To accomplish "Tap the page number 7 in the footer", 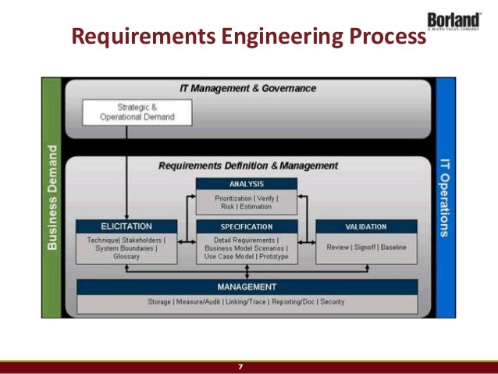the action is point(240,367).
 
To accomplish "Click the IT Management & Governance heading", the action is point(248,88).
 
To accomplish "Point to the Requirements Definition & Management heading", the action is point(248,166).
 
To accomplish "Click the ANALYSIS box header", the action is point(246,184).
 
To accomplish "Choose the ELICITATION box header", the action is point(126,226).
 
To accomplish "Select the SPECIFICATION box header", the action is point(246,226).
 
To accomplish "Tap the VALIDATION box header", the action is point(365,226).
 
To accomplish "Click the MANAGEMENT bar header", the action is point(247,287).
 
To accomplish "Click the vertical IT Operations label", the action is point(443,196).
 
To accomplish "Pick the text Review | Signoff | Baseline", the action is point(365,247).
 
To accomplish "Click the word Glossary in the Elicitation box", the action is point(126,256).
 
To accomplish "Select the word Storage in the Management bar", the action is point(161,301).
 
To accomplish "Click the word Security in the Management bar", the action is point(332,301).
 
